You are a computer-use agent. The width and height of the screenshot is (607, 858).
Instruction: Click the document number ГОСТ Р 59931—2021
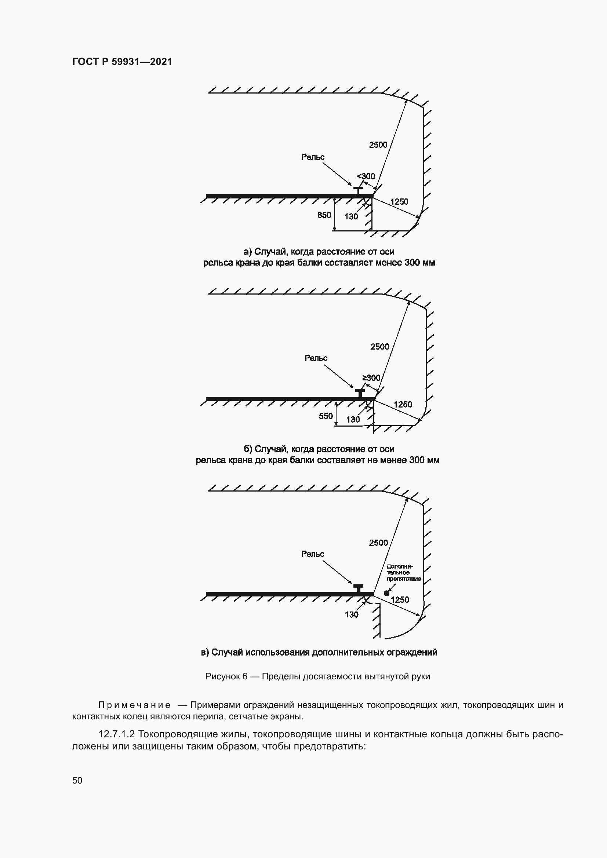click(122, 62)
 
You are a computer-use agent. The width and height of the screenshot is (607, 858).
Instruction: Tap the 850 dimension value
click(324, 215)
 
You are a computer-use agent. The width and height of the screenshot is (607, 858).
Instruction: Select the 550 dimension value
click(326, 416)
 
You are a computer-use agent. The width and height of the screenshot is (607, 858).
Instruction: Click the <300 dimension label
click(366, 176)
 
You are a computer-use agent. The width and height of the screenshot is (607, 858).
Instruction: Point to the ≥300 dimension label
click(371, 378)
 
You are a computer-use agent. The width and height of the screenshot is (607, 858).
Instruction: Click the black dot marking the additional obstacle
click(386, 593)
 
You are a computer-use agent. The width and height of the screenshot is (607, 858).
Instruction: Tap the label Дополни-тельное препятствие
click(403, 573)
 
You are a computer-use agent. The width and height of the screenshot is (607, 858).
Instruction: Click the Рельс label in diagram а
click(313, 157)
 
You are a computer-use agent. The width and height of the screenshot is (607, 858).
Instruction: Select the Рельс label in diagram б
click(316, 358)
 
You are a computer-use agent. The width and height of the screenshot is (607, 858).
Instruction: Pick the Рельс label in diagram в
click(313, 554)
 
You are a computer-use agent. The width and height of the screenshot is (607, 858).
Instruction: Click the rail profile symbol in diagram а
click(358, 191)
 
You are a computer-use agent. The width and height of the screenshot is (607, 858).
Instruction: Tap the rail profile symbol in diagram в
click(358, 588)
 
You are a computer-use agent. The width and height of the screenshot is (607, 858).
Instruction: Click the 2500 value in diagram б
click(380, 347)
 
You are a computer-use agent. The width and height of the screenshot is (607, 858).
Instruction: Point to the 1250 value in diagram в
click(400, 600)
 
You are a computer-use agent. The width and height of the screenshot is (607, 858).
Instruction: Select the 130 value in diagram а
click(351, 217)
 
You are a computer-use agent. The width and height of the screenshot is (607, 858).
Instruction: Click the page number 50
click(77, 780)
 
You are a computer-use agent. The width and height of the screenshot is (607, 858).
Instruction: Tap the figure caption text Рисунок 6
click(226, 676)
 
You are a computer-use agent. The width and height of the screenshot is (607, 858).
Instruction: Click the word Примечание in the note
click(134, 705)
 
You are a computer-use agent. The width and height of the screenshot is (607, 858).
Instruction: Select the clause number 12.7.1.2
click(116, 734)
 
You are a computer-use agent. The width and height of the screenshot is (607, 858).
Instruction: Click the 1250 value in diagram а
click(399, 202)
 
